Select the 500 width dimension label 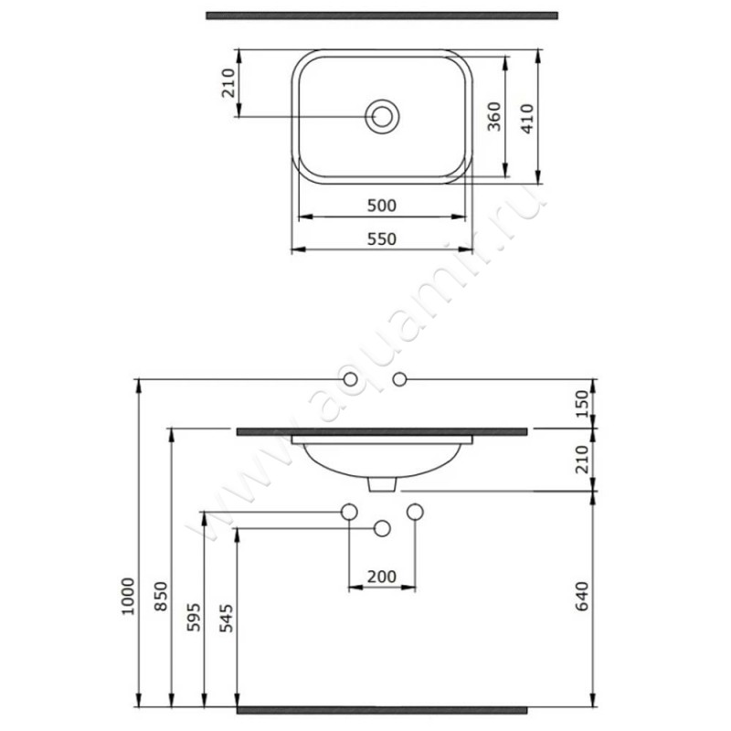(x=382, y=206)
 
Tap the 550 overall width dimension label (x=382, y=239)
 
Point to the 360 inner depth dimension (x=493, y=117)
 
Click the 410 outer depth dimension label (x=527, y=119)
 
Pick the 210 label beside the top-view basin (x=228, y=83)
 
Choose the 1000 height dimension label (x=128, y=597)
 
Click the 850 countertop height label (x=161, y=597)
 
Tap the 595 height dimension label (x=194, y=618)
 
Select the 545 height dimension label (x=227, y=619)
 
